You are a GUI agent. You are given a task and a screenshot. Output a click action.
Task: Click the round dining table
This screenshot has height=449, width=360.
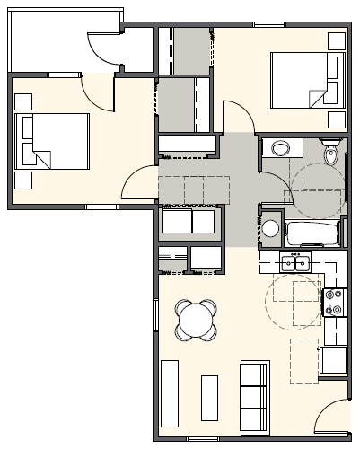(196, 319)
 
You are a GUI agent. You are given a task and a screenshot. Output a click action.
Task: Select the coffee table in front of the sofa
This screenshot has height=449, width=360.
(211, 397)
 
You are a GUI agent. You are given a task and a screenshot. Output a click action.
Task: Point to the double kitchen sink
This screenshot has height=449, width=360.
(294, 263)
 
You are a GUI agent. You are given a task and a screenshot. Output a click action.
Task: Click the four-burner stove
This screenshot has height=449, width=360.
(335, 303)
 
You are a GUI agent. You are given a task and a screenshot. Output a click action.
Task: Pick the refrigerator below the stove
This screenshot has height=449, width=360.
(333, 359)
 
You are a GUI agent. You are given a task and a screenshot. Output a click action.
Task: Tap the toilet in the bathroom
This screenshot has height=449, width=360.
(332, 155)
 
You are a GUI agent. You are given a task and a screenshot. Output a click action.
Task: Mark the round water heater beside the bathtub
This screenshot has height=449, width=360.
(270, 227)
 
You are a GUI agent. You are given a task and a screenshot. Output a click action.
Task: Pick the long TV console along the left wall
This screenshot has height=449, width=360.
(169, 392)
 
